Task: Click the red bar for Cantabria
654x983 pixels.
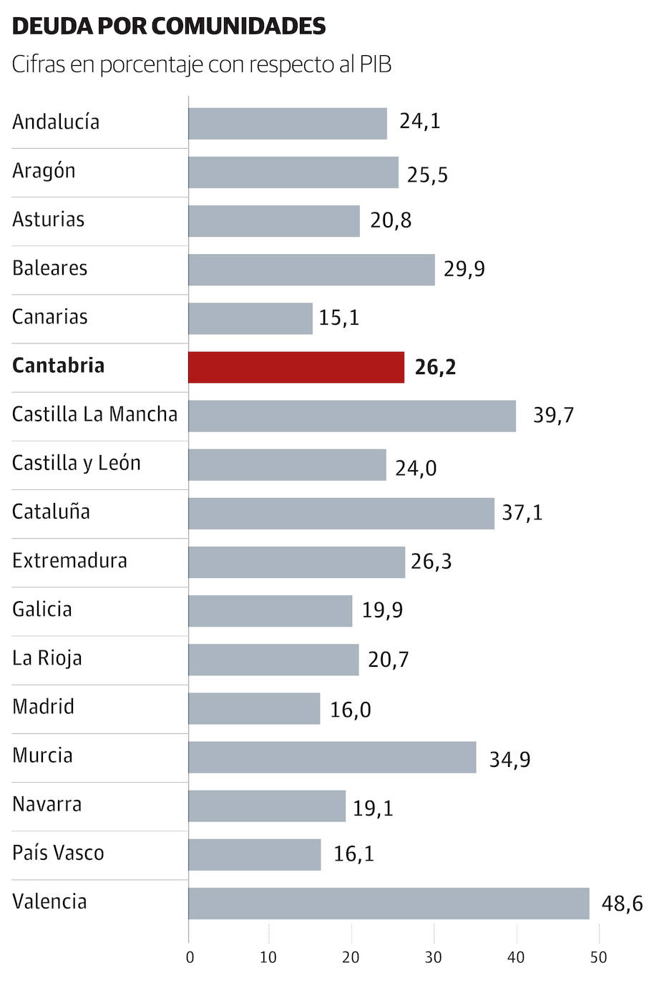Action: pyautogui.click(x=296, y=367)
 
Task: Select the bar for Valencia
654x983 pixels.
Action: pyautogui.click(x=389, y=903)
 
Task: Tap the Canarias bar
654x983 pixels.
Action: pyautogui.click(x=250, y=318)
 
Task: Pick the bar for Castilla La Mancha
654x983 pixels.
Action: pyautogui.click(x=352, y=416)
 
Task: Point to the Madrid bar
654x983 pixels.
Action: pyautogui.click(x=254, y=708)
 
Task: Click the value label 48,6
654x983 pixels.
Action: pyautogui.click(x=622, y=904)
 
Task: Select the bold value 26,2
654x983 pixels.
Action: pyautogui.click(x=435, y=368)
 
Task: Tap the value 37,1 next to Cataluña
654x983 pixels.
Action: pyautogui.click(x=522, y=513)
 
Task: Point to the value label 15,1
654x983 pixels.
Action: pyautogui.click(x=339, y=318)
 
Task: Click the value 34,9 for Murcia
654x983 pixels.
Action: pyautogui.click(x=509, y=759)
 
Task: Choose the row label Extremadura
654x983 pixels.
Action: pyautogui.click(x=69, y=561)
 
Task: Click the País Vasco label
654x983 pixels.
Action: pyautogui.click(x=58, y=853)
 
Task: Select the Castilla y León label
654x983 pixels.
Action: pyautogui.click(x=77, y=464)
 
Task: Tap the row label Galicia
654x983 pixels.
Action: pyautogui.click(x=42, y=610)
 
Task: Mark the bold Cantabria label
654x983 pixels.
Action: pyautogui.click(x=59, y=366)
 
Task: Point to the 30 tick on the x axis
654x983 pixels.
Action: pyautogui.click(x=434, y=957)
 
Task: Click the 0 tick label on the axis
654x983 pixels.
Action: pyautogui.click(x=190, y=957)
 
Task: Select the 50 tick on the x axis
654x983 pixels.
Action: pyautogui.click(x=598, y=957)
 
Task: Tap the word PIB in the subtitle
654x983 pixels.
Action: pyautogui.click(x=375, y=65)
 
